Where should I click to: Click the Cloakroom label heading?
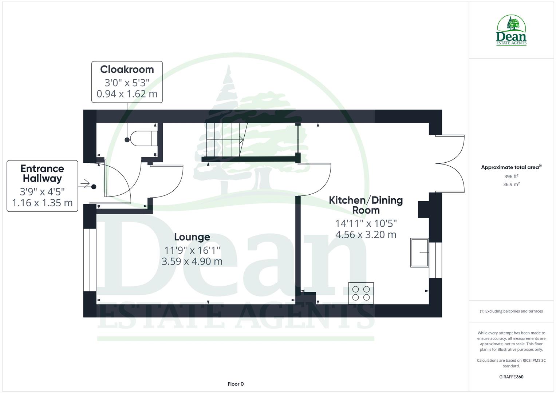(x=127, y=70)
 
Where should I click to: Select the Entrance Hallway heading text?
(x=42, y=174)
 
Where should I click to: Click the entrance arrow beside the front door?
(x=84, y=184)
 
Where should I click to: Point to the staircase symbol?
(x=225, y=140)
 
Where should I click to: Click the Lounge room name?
(x=192, y=237)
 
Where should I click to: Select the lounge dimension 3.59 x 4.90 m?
(x=192, y=261)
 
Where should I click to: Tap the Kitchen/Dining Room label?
(x=366, y=205)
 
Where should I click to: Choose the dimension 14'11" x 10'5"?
(x=366, y=223)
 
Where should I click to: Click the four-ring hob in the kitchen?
(x=361, y=293)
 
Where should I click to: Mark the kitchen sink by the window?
(x=419, y=253)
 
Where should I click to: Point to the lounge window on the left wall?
(x=90, y=260)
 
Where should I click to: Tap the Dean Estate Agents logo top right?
(x=511, y=31)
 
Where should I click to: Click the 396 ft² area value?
(x=511, y=176)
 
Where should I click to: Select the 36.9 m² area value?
(x=511, y=184)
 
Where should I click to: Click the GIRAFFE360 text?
(x=511, y=377)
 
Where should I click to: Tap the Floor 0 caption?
(x=236, y=384)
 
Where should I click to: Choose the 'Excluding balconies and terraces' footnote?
(x=511, y=311)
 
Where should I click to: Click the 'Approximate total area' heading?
(x=510, y=167)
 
